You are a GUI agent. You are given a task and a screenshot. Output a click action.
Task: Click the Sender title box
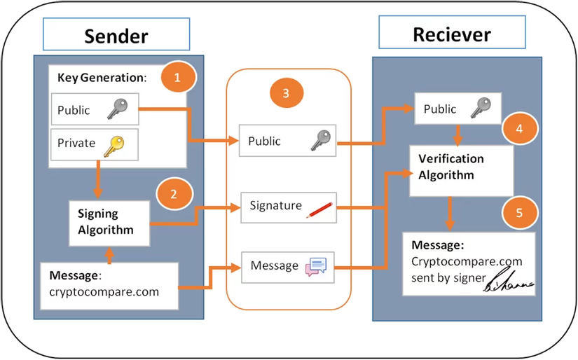point(116,35)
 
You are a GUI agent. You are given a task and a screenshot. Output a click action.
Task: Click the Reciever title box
point(452,34)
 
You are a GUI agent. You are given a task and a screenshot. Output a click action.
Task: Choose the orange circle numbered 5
point(518,212)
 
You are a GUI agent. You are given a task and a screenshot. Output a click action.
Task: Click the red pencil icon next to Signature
point(319,208)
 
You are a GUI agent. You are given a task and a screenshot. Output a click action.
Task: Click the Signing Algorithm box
point(109,223)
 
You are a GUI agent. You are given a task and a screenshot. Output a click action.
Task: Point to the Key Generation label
point(102,78)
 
